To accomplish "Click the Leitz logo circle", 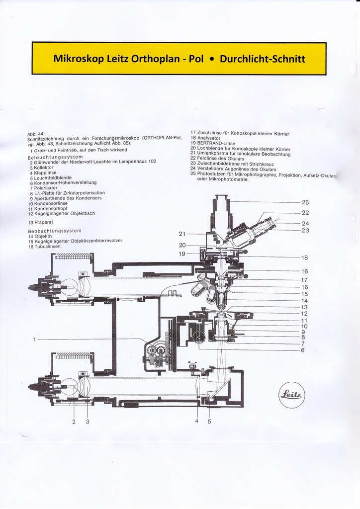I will coord(292,396).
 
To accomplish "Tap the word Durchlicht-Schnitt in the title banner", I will coord(262,59).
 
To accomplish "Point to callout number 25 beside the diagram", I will coord(305,203).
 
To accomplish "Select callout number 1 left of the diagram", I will coord(35,339).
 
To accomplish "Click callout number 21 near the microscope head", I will coord(182,234).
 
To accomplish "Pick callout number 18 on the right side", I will coord(305,258).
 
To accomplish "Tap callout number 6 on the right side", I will coord(303,350).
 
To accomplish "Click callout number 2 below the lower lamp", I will coord(74,422).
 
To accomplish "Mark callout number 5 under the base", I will coord(209,422).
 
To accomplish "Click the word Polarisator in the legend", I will coord(48,188).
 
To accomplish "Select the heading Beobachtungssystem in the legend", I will coord(55,231).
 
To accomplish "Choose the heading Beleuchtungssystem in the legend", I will coord(55,157).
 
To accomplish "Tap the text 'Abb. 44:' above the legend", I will coord(36,134).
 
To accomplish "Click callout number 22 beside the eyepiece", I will coord(305,213).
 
